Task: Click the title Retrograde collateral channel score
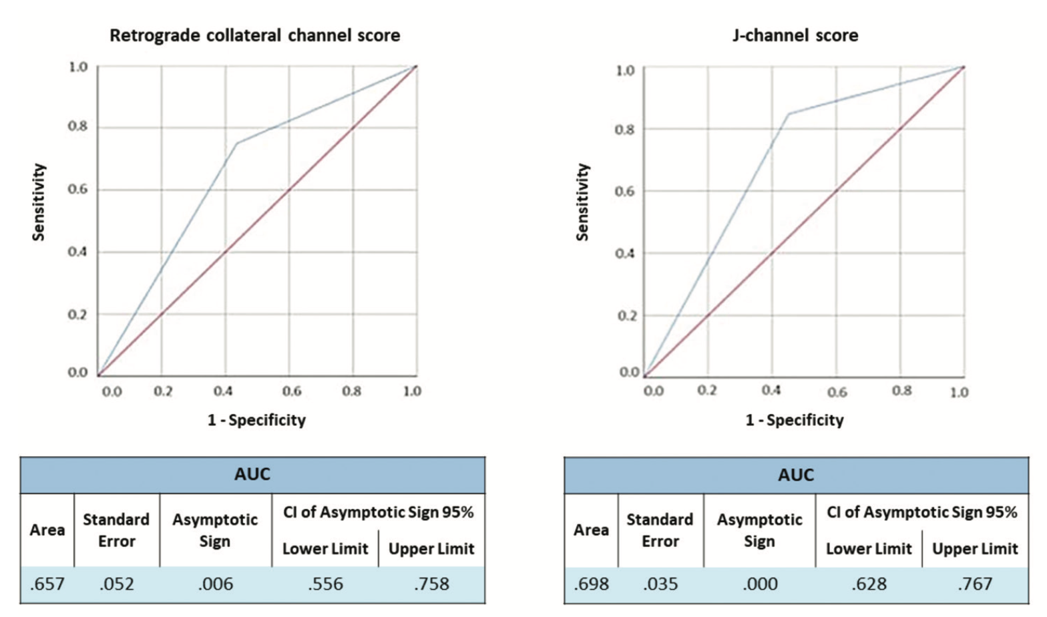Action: point(254,35)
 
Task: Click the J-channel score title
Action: point(795,35)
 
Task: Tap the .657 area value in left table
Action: point(47,584)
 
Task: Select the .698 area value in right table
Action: point(591,584)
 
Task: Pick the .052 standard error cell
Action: point(116,584)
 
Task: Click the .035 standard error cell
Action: point(660,584)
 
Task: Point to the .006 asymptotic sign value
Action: point(215,584)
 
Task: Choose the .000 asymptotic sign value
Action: point(759,584)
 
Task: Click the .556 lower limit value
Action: point(325,584)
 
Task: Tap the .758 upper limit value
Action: point(431,584)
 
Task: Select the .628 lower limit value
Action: point(869,584)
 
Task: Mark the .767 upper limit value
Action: point(975,584)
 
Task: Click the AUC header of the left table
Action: point(252,475)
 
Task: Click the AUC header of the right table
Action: point(796,475)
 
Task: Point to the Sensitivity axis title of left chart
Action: point(39,202)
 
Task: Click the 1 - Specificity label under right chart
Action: point(795,420)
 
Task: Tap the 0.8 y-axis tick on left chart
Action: point(77,127)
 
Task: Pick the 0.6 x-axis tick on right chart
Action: point(837,392)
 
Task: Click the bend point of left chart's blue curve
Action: point(236,143)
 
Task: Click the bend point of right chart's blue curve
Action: point(788,114)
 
